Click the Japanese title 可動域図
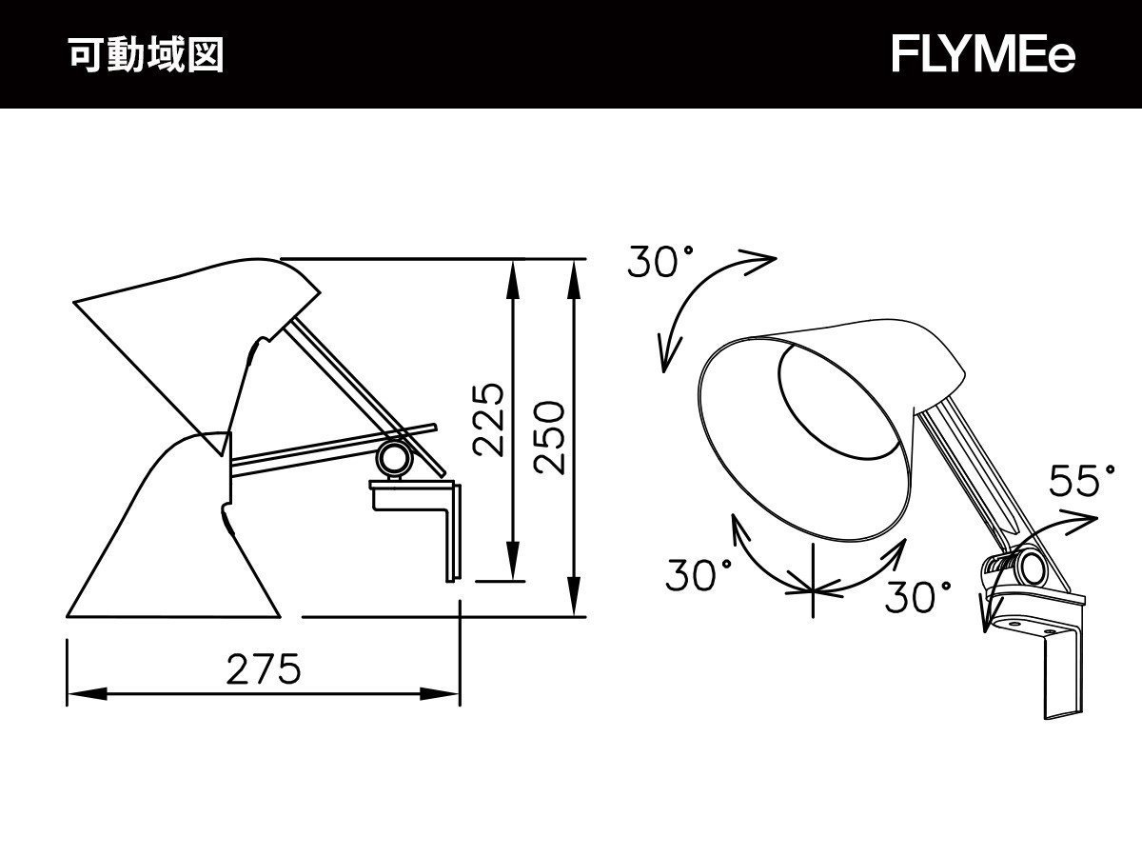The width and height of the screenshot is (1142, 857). (x=146, y=56)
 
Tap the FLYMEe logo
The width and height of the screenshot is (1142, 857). (x=983, y=56)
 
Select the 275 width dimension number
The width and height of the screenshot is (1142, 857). (x=264, y=670)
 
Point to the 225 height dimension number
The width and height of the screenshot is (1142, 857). (x=487, y=420)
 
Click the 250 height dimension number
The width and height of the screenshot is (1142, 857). (x=549, y=437)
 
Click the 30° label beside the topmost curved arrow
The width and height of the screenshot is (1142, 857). (x=660, y=263)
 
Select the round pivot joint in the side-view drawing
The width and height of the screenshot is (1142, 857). (x=393, y=459)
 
